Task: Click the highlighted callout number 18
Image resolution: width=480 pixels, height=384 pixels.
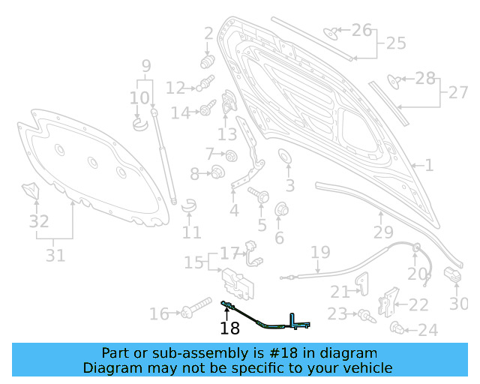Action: coord(229,328)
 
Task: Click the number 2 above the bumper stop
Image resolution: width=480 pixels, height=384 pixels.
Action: coord(208,33)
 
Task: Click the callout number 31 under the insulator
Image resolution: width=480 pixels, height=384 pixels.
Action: coord(55,255)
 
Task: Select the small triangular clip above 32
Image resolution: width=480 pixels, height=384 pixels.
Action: coord(31,190)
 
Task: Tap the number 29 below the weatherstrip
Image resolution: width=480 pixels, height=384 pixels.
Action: coord(383,232)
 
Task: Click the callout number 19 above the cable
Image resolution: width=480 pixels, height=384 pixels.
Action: coord(320,253)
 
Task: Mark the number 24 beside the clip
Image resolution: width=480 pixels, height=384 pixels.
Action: coord(427,330)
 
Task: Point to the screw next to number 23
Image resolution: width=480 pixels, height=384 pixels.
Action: coord(365,315)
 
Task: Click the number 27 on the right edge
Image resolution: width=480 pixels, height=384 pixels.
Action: coord(457,92)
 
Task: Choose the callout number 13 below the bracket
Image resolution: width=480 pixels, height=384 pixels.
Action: coord(227,134)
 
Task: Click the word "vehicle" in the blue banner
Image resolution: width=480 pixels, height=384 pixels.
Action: coord(366,367)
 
